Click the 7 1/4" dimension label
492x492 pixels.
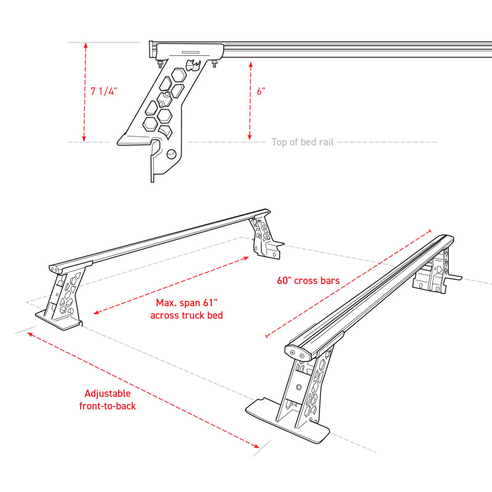click(x=103, y=91)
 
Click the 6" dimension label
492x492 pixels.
click(x=261, y=91)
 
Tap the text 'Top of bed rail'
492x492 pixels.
click(x=302, y=142)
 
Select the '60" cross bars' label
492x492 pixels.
click(x=308, y=280)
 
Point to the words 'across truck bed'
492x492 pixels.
click(x=186, y=315)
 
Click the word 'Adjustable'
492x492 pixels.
click(x=108, y=394)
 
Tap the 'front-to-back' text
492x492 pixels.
click(x=108, y=406)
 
